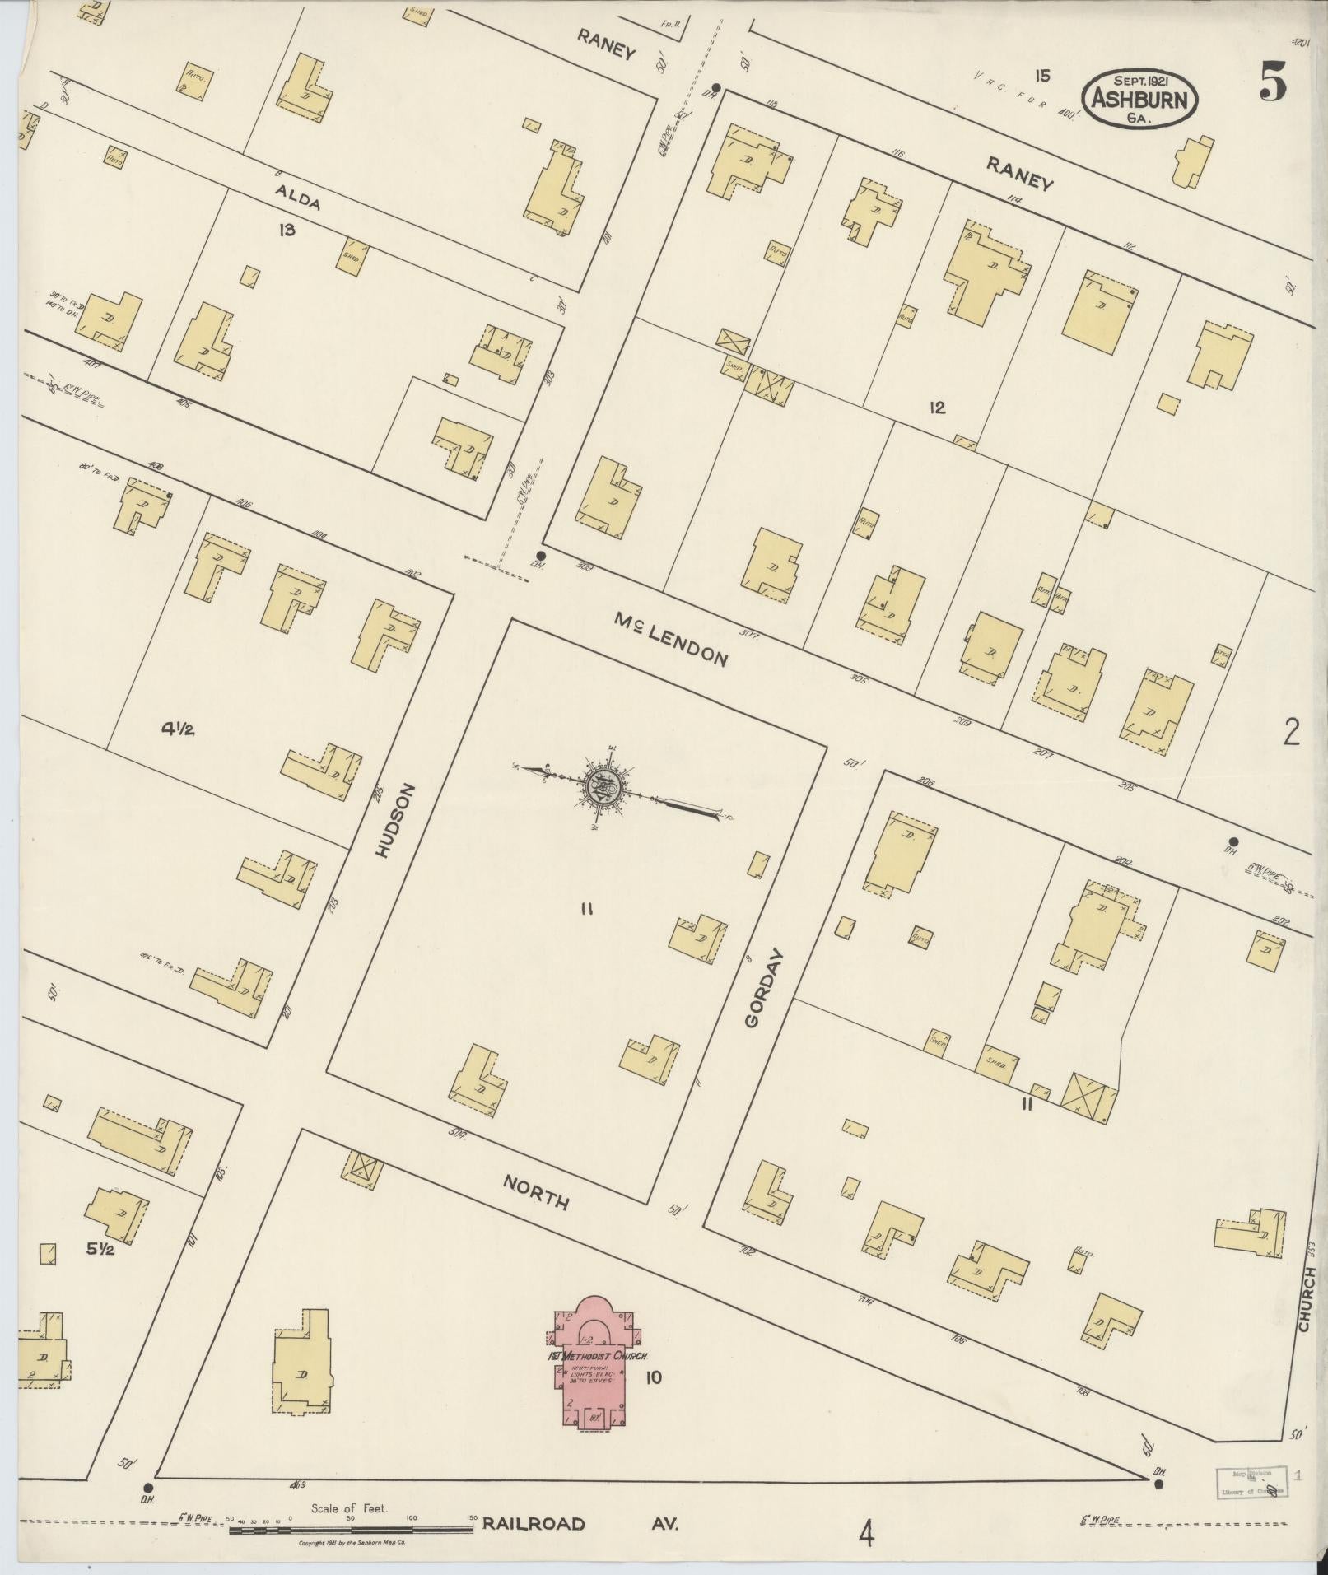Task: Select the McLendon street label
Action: pyautogui.click(x=670, y=639)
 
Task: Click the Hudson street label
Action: pyautogui.click(x=394, y=821)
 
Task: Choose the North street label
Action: pyautogui.click(x=536, y=1191)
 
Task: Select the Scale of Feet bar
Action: pyautogui.click(x=350, y=1528)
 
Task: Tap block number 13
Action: pyautogui.click(x=286, y=230)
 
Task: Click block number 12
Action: pyautogui.click(x=936, y=407)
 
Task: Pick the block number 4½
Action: pyautogui.click(x=178, y=728)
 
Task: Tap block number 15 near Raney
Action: pyautogui.click(x=1042, y=77)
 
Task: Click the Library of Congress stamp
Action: pyautogui.click(x=1249, y=1481)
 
